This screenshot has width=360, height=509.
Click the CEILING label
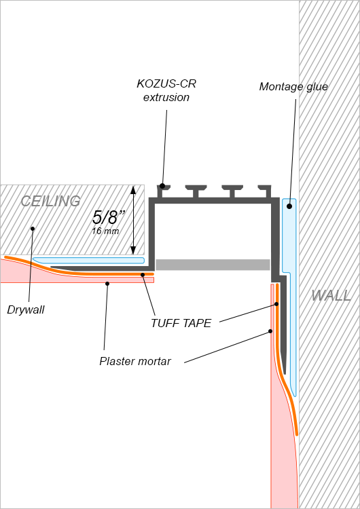point(50,202)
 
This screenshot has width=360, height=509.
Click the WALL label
point(331,295)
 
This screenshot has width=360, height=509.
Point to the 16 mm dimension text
point(105,231)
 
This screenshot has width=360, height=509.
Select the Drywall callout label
point(26,310)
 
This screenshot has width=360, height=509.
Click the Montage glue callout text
point(293,87)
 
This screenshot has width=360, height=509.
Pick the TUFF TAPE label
point(181,323)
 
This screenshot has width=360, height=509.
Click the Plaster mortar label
point(135,361)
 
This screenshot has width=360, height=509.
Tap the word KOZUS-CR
point(166,83)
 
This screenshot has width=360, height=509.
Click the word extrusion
point(166,97)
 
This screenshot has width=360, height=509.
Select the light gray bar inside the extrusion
point(213,265)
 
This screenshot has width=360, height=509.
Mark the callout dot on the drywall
point(33,229)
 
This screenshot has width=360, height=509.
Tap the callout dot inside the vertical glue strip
point(289,206)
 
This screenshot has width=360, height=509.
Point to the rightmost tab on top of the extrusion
point(265,191)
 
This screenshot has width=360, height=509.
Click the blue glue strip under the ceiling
point(88,261)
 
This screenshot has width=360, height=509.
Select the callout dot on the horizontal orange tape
point(143,275)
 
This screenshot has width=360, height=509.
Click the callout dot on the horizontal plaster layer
point(107,284)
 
